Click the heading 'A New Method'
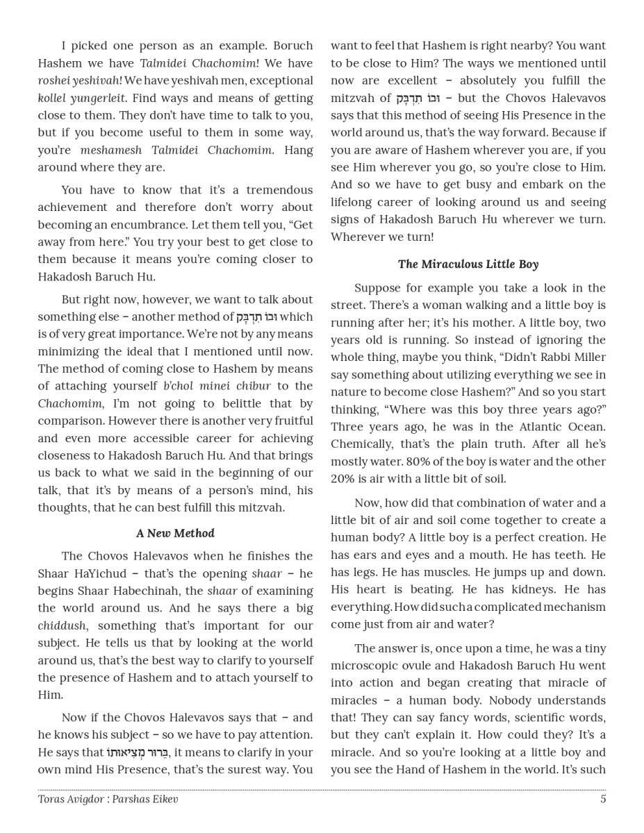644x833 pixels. (x=175, y=533)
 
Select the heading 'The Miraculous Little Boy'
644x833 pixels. (x=468, y=264)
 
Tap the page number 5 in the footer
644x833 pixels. (x=603, y=799)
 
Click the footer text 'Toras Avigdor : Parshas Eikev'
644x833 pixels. (x=108, y=799)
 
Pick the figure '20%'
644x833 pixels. (x=342, y=479)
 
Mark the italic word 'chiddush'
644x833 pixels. (x=62, y=625)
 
